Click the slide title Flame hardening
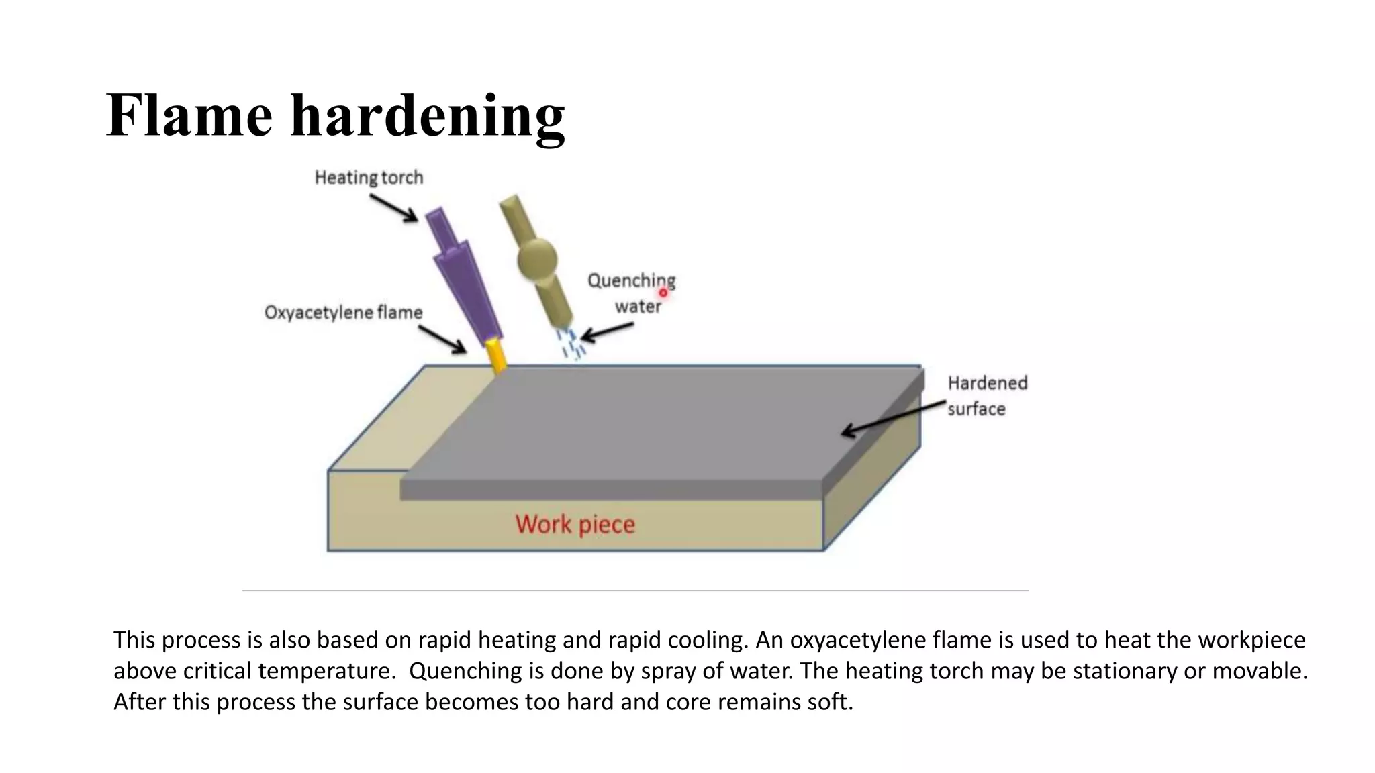pyautogui.click(x=335, y=115)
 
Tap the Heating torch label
pyautogui.click(x=369, y=178)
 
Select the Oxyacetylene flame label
pyautogui.click(x=343, y=313)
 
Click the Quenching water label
pyautogui.click(x=632, y=293)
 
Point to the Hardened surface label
pyautogui.click(x=987, y=396)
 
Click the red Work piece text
pyautogui.click(x=575, y=524)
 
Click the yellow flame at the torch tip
pyautogui.click(x=497, y=356)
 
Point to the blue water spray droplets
pyautogui.click(x=571, y=343)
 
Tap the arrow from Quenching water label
pyautogui.click(x=606, y=331)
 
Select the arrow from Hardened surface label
pyautogui.click(x=893, y=417)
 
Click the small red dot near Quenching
pyautogui.click(x=663, y=293)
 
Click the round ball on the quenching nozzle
pyautogui.click(x=537, y=258)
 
